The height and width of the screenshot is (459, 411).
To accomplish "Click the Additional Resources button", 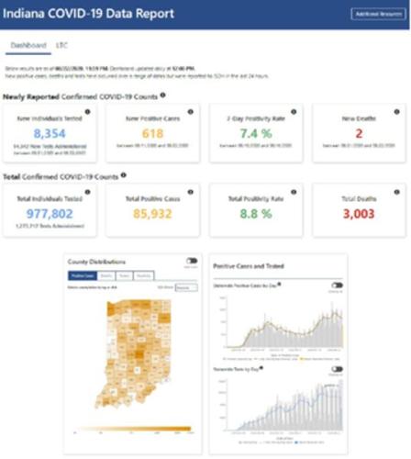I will pos(377,14).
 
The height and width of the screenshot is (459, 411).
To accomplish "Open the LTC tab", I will pos(63,45).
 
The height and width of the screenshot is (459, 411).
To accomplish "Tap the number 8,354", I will pos(50,133).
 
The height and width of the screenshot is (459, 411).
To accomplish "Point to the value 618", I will pos(152,133).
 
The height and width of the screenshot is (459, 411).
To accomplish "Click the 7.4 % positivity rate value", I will pos(254,133).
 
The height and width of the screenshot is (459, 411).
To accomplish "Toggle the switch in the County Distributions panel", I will pos(191,261).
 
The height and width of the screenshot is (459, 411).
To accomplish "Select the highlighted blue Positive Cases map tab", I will pos(83,275).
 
